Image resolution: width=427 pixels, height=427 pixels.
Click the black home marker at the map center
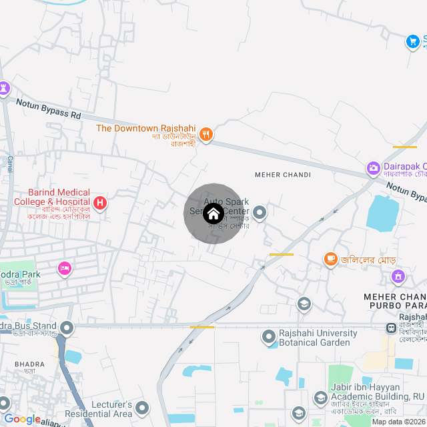pos(213,213)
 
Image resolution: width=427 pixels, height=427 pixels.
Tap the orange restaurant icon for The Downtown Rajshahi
pos(207,133)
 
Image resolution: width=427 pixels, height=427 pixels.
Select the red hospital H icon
pos(99,202)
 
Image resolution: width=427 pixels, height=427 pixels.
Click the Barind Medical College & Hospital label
pos(52,197)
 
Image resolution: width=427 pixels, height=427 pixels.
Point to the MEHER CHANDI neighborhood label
pos(283,175)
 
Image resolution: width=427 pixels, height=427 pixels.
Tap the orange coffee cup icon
pos(330,258)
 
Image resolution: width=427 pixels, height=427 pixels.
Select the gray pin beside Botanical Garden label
pos(269,336)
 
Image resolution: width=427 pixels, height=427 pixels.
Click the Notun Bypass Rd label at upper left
pos(49,107)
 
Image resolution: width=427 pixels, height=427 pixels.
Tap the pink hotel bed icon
pos(65,268)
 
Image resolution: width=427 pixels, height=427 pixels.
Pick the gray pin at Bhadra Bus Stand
pos(67,328)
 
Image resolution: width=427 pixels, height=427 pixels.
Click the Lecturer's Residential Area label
pos(103,409)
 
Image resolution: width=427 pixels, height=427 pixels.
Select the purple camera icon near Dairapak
pos(374,167)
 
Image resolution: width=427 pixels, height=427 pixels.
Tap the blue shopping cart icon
pos(413,41)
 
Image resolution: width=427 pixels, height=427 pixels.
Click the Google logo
pos(22,419)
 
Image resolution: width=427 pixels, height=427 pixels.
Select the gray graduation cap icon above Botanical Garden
pos(304,304)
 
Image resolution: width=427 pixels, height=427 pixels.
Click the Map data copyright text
pos(398,422)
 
